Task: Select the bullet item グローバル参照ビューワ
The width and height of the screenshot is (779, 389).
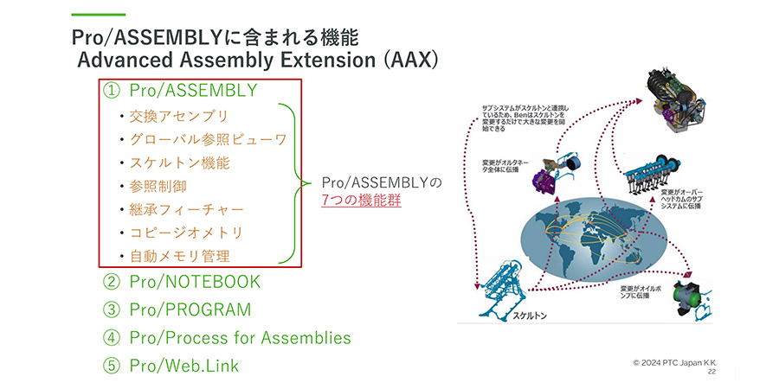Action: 208,139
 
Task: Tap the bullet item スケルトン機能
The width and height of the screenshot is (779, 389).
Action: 179,163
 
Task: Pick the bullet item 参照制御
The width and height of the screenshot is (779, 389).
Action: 158,186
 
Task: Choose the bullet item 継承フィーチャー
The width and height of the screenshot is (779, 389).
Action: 186,209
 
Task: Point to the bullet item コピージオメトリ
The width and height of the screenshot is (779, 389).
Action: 186,233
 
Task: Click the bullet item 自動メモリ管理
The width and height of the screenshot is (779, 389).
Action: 179,256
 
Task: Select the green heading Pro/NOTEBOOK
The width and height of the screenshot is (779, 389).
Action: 193,282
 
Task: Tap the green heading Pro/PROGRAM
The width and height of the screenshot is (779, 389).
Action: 190,309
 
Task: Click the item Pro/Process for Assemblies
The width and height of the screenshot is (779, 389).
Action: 240,337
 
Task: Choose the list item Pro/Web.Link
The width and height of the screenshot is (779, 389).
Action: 183,365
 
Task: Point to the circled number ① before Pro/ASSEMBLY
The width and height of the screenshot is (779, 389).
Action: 111,90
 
